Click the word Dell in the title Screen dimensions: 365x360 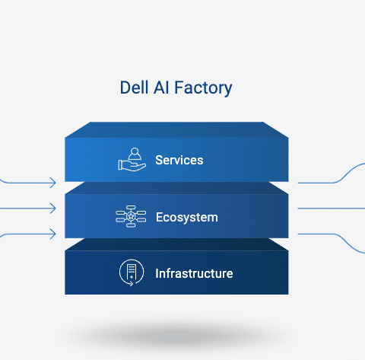(x=134, y=88)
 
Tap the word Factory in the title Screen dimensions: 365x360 (x=203, y=88)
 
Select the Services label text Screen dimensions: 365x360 (x=179, y=160)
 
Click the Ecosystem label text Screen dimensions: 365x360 (x=187, y=218)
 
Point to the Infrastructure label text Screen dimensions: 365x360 (x=194, y=273)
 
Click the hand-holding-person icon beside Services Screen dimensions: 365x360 (x=132, y=160)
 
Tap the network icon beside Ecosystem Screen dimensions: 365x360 (x=131, y=216)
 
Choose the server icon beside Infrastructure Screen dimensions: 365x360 (x=132, y=272)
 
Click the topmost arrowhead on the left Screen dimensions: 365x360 (x=53, y=183)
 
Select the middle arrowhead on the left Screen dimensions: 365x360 (x=53, y=209)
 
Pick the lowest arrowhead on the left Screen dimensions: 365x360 (x=53, y=234)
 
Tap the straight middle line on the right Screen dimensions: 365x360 (x=332, y=209)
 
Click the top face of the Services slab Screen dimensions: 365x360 (x=176, y=129)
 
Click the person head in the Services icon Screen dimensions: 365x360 (x=135, y=151)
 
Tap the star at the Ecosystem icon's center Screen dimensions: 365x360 (x=131, y=216)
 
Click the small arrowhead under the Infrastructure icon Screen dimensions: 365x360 (x=132, y=284)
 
